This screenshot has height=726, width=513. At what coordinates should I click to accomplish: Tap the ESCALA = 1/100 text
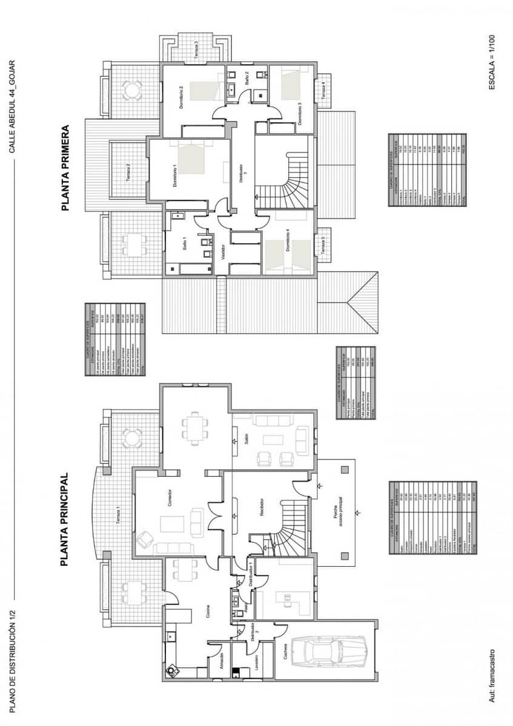[492, 62]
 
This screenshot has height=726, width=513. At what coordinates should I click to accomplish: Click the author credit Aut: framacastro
[492, 676]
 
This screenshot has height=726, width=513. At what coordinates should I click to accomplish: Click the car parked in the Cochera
[328, 651]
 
